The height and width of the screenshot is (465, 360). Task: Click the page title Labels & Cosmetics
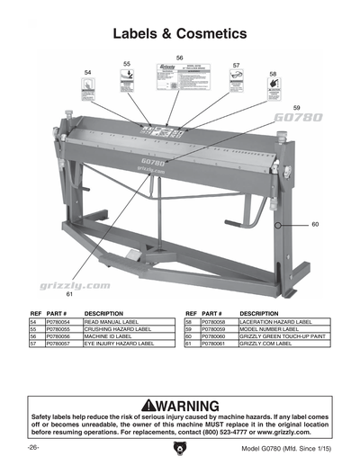pyautogui.click(x=179, y=34)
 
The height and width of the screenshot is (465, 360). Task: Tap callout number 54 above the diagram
pyautogui.click(x=87, y=71)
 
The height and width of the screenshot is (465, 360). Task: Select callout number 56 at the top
pyautogui.click(x=180, y=58)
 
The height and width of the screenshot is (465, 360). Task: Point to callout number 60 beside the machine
pyautogui.click(x=315, y=224)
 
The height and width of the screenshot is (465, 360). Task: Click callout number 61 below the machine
pyautogui.click(x=68, y=294)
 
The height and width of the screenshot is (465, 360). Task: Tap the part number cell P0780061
pyautogui.click(x=217, y=344)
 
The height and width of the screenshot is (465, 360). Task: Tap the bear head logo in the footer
pyautogui.click(x=180, y=448)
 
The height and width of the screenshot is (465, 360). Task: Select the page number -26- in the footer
pyautogui.click(x=34, y=448)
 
